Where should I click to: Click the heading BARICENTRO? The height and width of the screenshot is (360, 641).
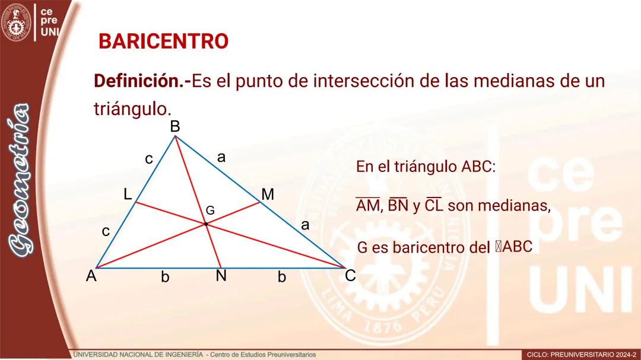[163, 42]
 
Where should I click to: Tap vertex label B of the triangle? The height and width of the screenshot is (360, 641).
[175, 126]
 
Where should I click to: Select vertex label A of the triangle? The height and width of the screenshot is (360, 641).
[91, 276]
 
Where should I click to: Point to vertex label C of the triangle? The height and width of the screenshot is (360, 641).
[350, 276]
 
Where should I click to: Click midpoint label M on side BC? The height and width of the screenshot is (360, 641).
[268, 195]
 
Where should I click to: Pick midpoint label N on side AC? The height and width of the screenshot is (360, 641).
[221, 276]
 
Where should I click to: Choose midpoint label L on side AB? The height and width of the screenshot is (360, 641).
[128, 194]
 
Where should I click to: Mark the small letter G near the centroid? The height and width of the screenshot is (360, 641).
[210, 211]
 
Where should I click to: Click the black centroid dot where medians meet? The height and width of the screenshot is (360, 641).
[206, 224]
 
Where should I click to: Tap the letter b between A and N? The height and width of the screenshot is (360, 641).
[165, 277]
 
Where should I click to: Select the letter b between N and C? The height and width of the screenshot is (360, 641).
[282, 277]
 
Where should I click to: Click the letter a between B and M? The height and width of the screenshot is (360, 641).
[221, 157]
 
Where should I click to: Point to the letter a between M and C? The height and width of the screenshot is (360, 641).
[305, 225]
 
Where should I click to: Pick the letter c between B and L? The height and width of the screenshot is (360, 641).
[149, 159]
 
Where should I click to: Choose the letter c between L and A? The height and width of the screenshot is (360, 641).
[106, 231]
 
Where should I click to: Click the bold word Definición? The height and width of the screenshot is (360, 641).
[140, 81]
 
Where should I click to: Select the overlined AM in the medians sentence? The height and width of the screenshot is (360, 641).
[367, 206]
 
